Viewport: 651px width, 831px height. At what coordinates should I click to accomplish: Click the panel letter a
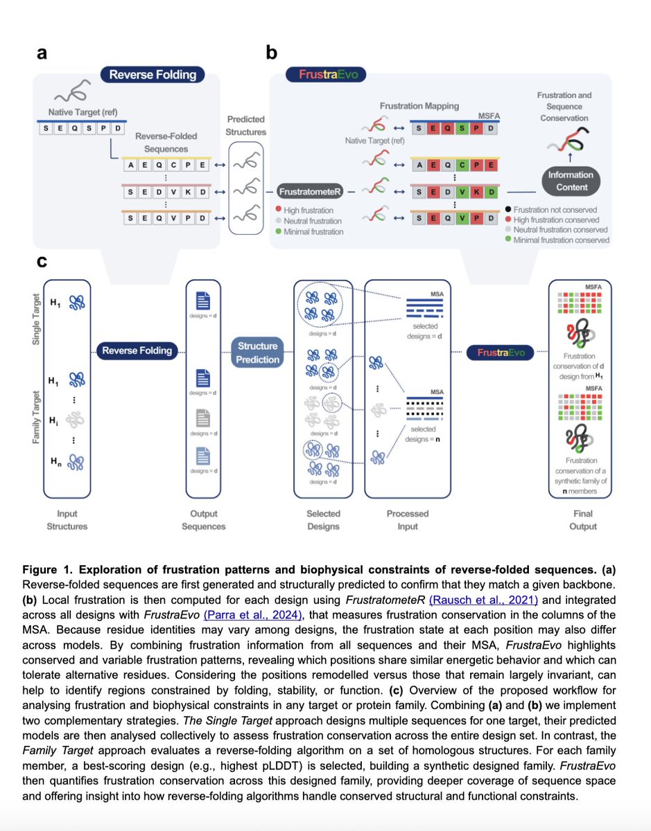(x=42, y=53)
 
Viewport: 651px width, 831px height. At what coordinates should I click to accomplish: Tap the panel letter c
(x=42, y=262)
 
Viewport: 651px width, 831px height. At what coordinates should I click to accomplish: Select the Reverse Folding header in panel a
(x=153, y=75)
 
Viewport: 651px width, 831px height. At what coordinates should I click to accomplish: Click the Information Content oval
(x=571, y=181)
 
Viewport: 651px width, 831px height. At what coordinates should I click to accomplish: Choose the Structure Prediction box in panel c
(x=258, y=352)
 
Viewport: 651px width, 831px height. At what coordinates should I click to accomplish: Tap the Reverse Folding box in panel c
(x=137, y=350)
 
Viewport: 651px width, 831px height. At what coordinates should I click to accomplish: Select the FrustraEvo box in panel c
(x=502, y=352)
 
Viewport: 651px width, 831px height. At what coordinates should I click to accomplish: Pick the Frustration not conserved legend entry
(x=560, y=210)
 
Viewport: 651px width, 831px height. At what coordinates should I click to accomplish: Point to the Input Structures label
(x=67, y=519)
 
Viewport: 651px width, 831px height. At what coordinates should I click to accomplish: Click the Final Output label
(x=582, y=519)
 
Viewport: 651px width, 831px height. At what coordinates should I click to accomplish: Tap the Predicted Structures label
(x=246, y=125)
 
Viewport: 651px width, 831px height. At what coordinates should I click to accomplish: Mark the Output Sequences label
(x=203, y=519)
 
